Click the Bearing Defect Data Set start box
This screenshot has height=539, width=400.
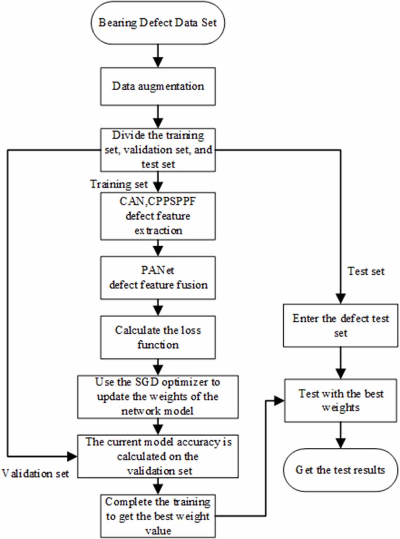(x=158, y=23)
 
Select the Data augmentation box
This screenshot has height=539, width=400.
(x=158, y=86)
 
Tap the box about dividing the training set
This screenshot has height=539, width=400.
(x=158, y=150)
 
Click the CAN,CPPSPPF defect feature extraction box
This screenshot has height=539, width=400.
(x=158, y=216)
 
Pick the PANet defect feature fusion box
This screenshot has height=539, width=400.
(x=158, y=278)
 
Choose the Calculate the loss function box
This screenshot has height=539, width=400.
(x=158, y=337)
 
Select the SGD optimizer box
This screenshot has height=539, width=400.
(x=158, y=397)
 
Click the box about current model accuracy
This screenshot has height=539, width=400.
(x=158, y=456)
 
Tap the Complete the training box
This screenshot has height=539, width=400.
(x=158, y=516)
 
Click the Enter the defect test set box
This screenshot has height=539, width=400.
(x=340, y=326)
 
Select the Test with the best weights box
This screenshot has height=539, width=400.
(x=340, y=400)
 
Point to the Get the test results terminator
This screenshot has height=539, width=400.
(x=340, y=470)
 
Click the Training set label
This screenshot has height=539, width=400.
(x=119, y=184)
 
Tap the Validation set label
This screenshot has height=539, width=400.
(x=35, y=473)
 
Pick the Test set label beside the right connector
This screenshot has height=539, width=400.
(x=366, y=271)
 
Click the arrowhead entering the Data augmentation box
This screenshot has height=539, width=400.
(x=158, y=62)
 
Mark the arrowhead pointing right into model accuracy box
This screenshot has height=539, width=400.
(x=72, y=456)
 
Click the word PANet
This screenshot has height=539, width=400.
(x=158, y=270)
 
